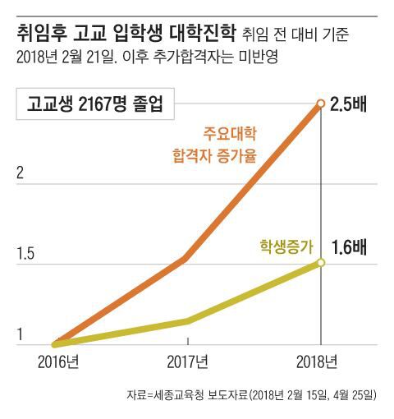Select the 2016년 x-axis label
pos(58,361)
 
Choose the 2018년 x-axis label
pos(318,361)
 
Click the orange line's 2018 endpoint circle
pos(320,104)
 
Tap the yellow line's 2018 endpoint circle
pos(321,263)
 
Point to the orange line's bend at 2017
pos(187,258)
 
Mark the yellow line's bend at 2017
pos(188,320)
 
